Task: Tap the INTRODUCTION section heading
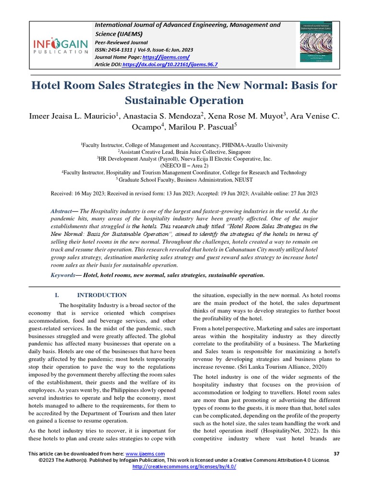click(x=102, y=295)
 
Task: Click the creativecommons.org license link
click(x=184, y=466)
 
